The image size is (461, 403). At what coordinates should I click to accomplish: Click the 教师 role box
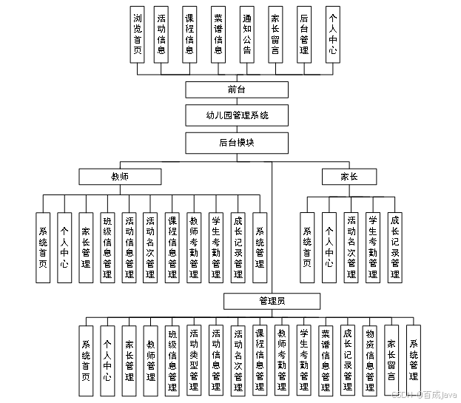click(x=120, y=176)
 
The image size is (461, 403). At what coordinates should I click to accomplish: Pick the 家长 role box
click(x=349, y=176)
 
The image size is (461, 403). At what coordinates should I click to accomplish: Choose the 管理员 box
click(x=272, y=301)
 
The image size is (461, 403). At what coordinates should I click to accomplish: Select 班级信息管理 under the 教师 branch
click(x=108, y=248)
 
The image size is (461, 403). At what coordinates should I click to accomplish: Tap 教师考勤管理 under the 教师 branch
click(x=194, y=248)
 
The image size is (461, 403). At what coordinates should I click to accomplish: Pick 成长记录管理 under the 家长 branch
click(x=394, y=248)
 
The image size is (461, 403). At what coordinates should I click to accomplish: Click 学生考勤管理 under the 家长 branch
click(x=373, y=248)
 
